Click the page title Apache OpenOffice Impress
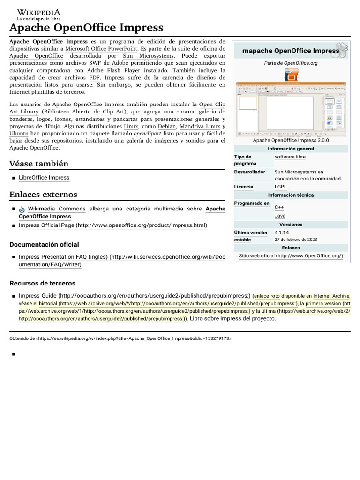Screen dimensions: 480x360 [86, 28]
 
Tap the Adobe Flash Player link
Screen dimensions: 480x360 [113, 70]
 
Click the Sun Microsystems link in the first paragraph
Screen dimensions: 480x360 [148, 56]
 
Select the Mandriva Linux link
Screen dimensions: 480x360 [199, 127]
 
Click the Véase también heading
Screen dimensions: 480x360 [39, 164]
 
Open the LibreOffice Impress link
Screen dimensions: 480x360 [44, 178]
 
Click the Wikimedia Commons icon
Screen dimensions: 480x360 [22, 210]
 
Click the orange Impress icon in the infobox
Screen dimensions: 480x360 [291, 75]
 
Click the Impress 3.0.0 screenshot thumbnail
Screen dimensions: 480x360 [291, 109]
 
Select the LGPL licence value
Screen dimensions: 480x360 [281, 187]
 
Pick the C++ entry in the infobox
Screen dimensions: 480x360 [279, 207]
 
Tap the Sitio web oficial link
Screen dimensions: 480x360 [291, 256]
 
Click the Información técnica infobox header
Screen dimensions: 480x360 [291, 195]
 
